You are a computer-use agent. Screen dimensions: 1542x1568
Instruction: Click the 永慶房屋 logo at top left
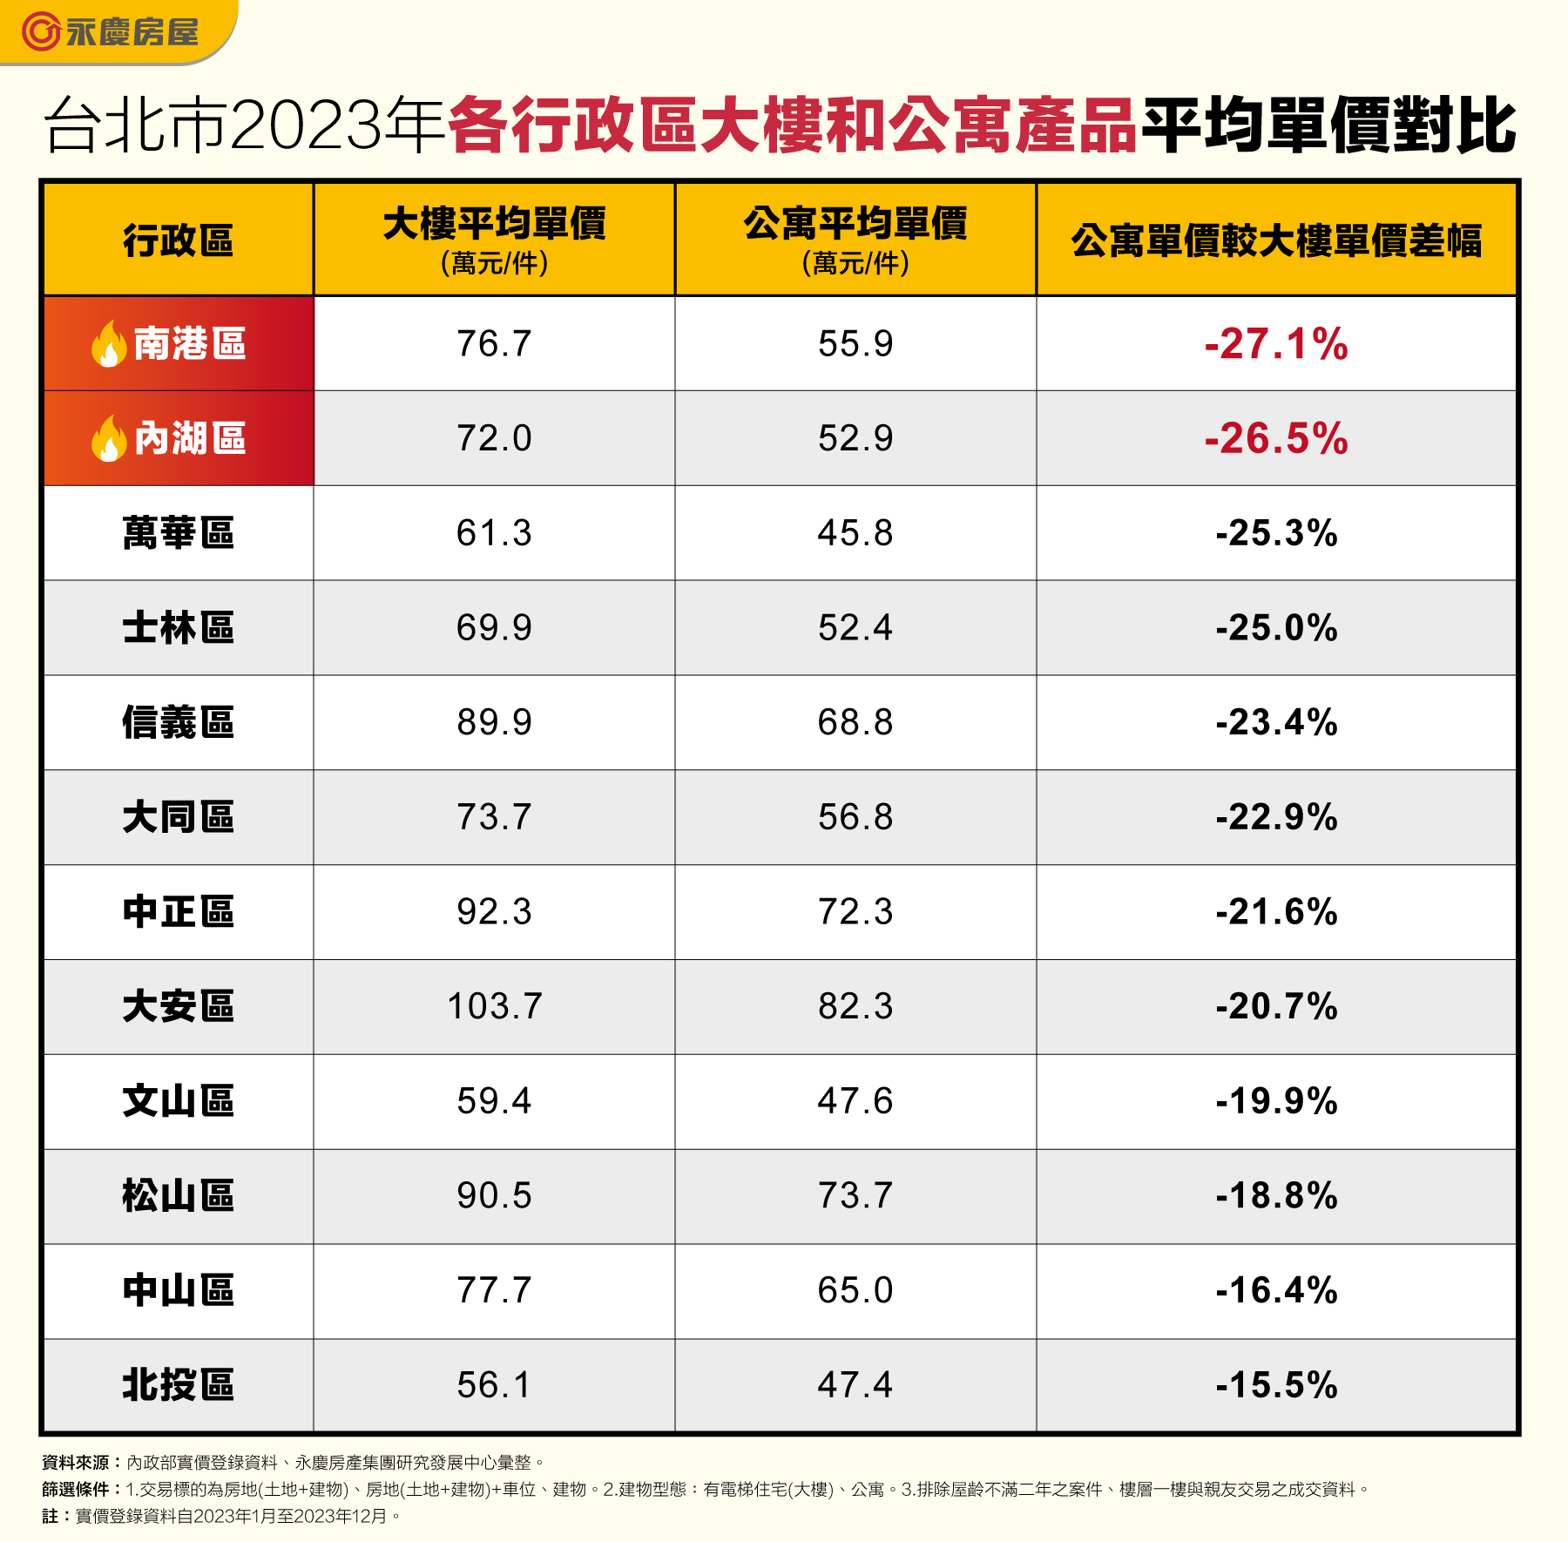pyautogui.click(x=111, y=32)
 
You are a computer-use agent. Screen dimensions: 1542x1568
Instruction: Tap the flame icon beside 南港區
pyautogui.click(x=109, y=344)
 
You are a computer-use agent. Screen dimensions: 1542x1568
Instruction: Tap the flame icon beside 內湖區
pyautogui.click(x=109, y=438)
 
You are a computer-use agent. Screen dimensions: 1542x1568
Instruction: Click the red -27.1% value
pyautogui.click(x=1276, y=344)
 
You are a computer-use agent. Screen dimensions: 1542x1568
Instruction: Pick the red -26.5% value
pyautogui.click(x=1276, y=438)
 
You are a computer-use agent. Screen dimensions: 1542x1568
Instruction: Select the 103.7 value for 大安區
pyautogui.click(x=494, y=1007)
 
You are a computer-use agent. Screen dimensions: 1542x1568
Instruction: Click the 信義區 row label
pyautogui.click(x=179, y=723)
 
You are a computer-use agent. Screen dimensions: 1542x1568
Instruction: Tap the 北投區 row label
pyautogui.click(x=179, y=1385)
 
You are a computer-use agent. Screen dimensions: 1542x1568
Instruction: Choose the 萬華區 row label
pyautogui.click(x=179, y=533)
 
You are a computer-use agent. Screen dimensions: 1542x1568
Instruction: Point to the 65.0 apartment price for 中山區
pyautogui.click(x=855, y=1290)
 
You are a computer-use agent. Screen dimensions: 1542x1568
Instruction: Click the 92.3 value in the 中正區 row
pyautogui.click(x=494, y=912)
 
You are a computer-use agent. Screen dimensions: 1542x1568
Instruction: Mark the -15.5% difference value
pyautogui.click(x=1276, y=1385)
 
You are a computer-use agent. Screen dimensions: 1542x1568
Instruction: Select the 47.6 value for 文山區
pyautogui.click(x=855, y=1101)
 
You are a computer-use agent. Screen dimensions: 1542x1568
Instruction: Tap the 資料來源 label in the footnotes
pyautogui.click(x=76, y=1463)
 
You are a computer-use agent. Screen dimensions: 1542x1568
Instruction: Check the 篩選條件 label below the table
pyautogui.click(x=76, y=1490)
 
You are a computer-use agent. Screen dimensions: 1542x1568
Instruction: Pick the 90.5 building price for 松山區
pyautogui.click(x=494, y=1196)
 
